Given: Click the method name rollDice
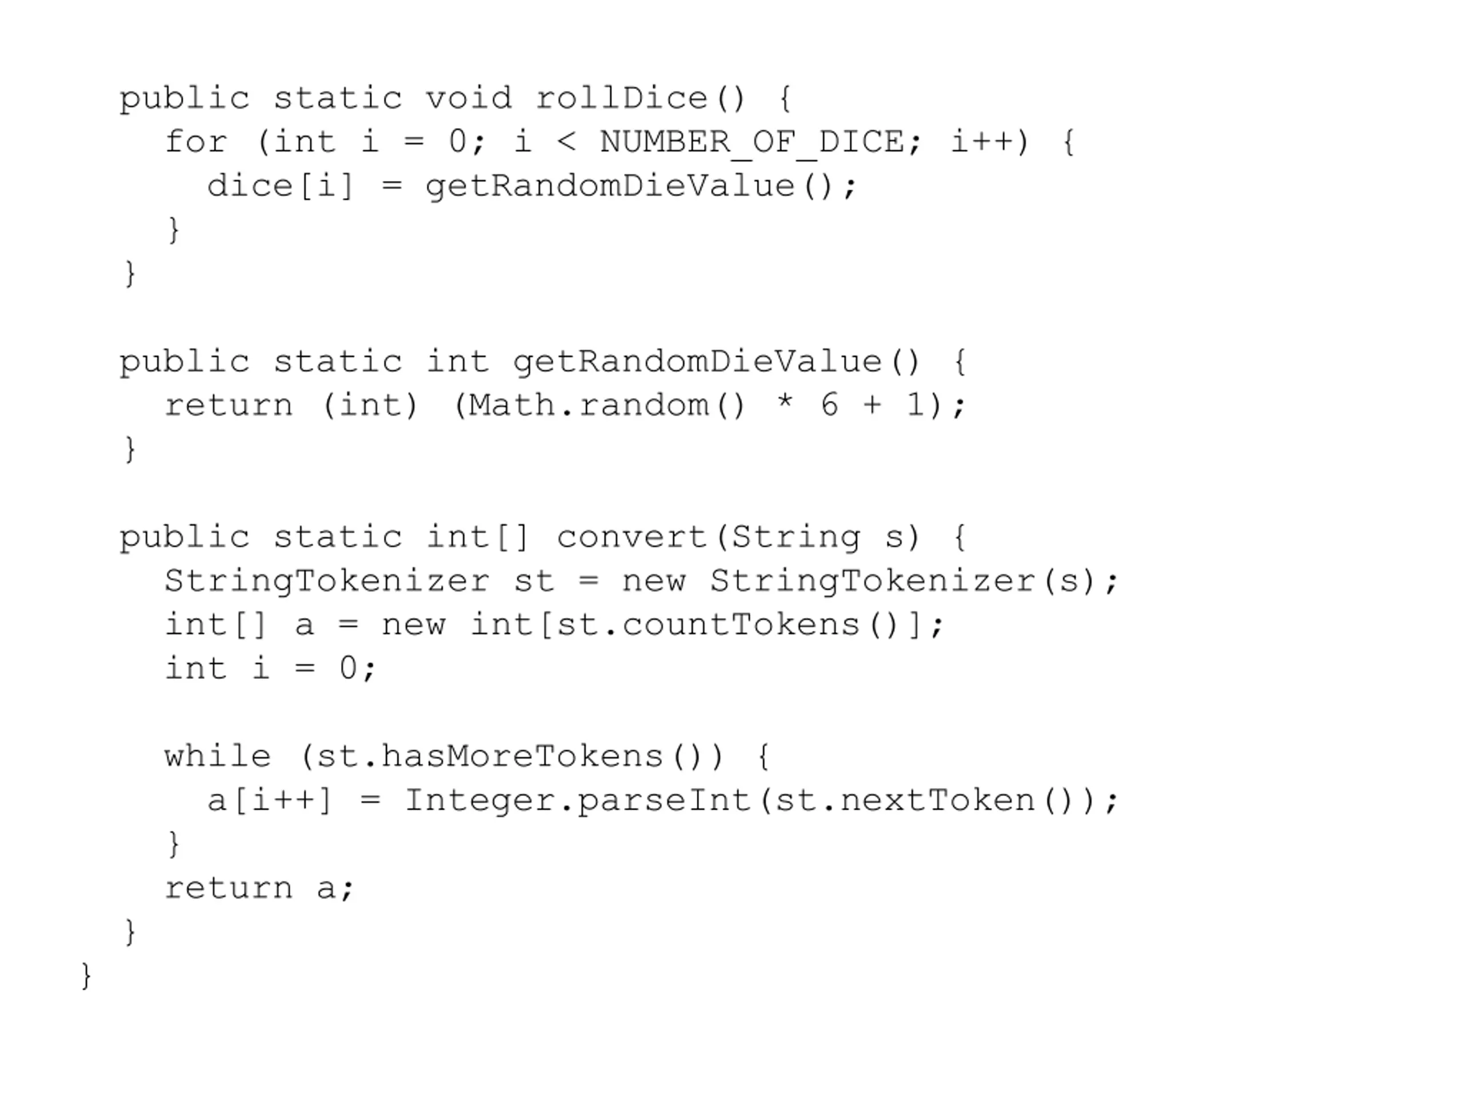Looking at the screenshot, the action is click(621, 98).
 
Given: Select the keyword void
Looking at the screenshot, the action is click(468, 98).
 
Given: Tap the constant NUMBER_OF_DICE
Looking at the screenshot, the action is click(752, 142).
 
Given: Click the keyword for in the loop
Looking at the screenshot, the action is click(196, 142).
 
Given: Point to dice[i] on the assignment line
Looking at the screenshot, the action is click(281, 186).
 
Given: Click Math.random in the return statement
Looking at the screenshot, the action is click(589, 405).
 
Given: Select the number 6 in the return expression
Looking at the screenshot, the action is click(829, 405).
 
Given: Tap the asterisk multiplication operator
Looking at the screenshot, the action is click(785, 403).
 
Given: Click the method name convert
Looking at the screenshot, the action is click(632, 537).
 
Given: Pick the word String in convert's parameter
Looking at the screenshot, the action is click(796, 537).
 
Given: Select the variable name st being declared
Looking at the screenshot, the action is click(534, 581).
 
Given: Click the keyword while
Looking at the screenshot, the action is click(218, 756).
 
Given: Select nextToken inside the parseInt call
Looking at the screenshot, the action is click(937, 801).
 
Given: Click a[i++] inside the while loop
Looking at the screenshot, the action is click(269, 801).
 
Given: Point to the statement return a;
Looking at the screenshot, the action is click(259, 888).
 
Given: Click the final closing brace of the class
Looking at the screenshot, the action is click(86, 976).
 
